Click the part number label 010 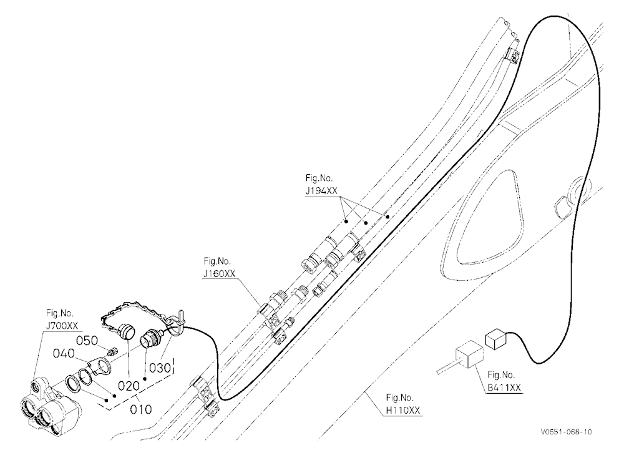point(141,409)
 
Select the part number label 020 point(129,386)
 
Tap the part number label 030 point(160,368)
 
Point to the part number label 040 point(64,354)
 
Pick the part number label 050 point(87,341)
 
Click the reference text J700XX point(62,326)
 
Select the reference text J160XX point(219,275)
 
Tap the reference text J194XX point(321,191)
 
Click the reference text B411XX point(504,387)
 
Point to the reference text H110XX point(403,411)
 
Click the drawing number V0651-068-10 point(566,432)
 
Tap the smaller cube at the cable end point(495,339)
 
